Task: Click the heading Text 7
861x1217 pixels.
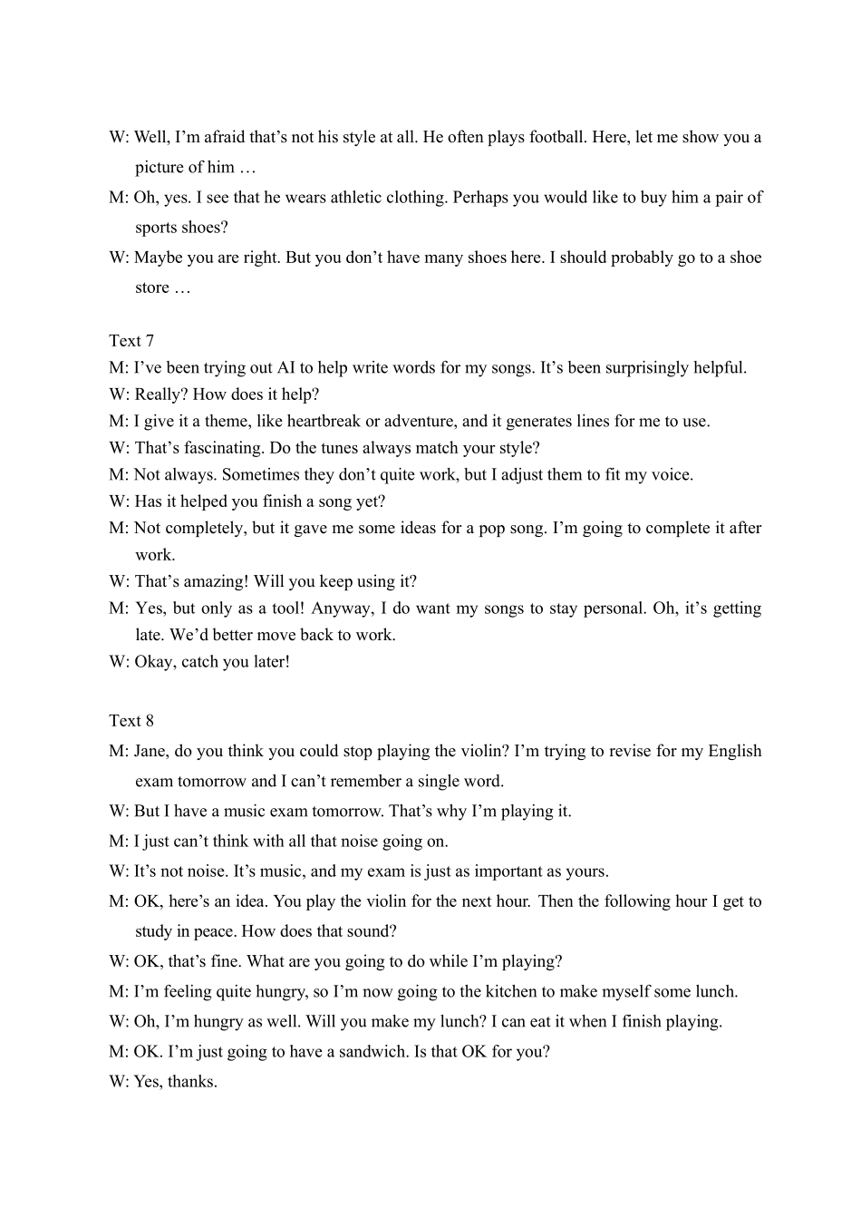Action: pyautogui.click(x=131, y=341)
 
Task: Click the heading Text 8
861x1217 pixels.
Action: pyautogui.click(x=131, y=721)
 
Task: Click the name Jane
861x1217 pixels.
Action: pyautogui.click(x=150, y=752)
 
